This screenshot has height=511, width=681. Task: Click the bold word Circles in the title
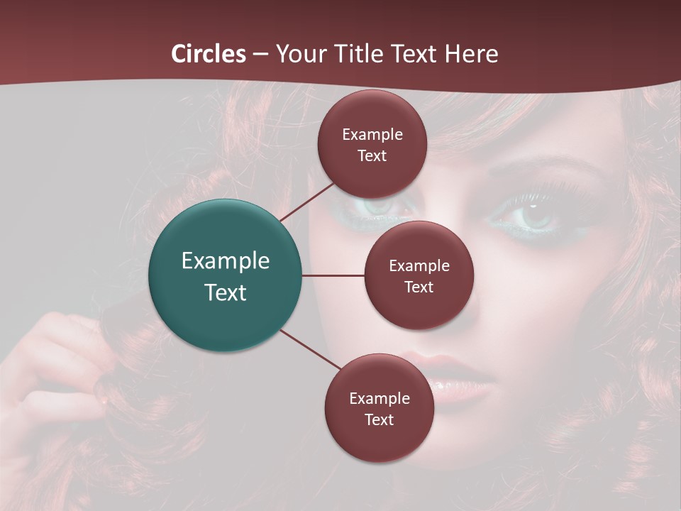coord(209,54)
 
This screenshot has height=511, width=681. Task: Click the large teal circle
coord(226,275)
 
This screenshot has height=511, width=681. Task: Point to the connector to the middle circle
coord(333,275)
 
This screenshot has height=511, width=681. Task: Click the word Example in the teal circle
coord(226,261)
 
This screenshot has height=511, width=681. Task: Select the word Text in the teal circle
coord(226,292)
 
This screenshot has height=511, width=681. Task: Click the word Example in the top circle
coord(372,135)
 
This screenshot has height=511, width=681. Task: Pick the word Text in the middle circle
coord(419,287)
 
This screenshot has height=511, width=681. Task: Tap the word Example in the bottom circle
coord(380,399)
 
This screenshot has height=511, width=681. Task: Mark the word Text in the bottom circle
coord(379,420)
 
